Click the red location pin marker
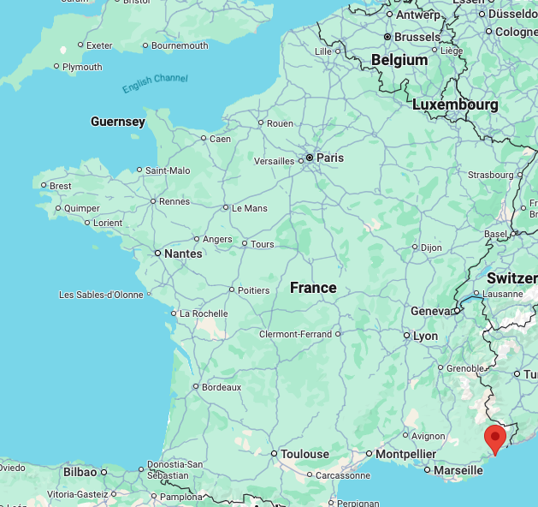[x=494, y=438]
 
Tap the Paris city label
[x=330, y=158]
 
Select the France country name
[x=313, y=288]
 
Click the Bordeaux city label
[x=222, y=387]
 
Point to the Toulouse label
[x=305, y=454]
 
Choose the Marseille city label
[x=458, y=470]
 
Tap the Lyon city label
[x=425, y=337]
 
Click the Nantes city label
[x=184, y=254]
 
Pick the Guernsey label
[x=118, y=122]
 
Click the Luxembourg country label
[x=455, y=104]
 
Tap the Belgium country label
[x=399, y=60]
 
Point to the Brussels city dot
[x=387, y=38]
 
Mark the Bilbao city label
[x=80, y=472]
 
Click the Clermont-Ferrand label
[x=295, y=334]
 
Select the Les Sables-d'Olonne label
[x=101, y=295]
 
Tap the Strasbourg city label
[x=491, y=175]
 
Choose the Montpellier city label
[x=406, y=454]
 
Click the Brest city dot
[x=44, y=185]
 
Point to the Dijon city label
[x=431, y=248]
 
